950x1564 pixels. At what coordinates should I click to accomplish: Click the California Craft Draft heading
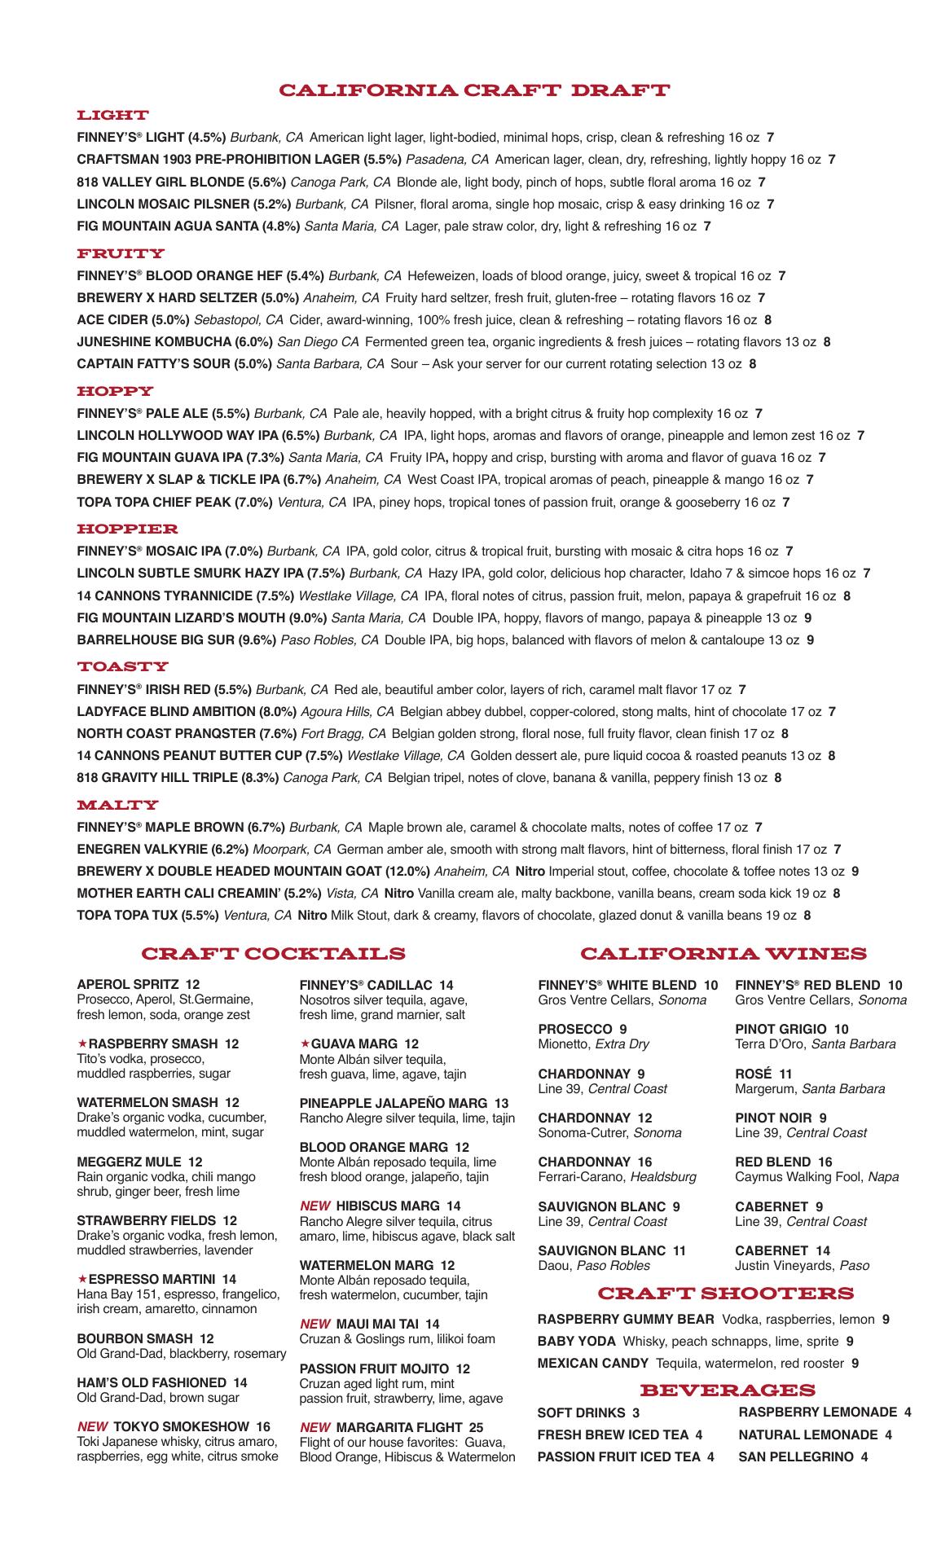474,90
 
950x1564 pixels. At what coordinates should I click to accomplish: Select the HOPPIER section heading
127,529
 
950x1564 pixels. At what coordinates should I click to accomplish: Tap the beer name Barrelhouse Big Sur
156,640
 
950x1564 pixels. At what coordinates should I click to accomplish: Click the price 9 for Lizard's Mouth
807,618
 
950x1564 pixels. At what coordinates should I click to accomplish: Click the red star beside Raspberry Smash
81,1043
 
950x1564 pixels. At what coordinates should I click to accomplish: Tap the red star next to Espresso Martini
81,1280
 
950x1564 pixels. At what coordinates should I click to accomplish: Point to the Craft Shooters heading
726,1294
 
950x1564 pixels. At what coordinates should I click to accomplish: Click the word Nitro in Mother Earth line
399,894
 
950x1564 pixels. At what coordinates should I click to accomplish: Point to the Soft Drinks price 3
636,1413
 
